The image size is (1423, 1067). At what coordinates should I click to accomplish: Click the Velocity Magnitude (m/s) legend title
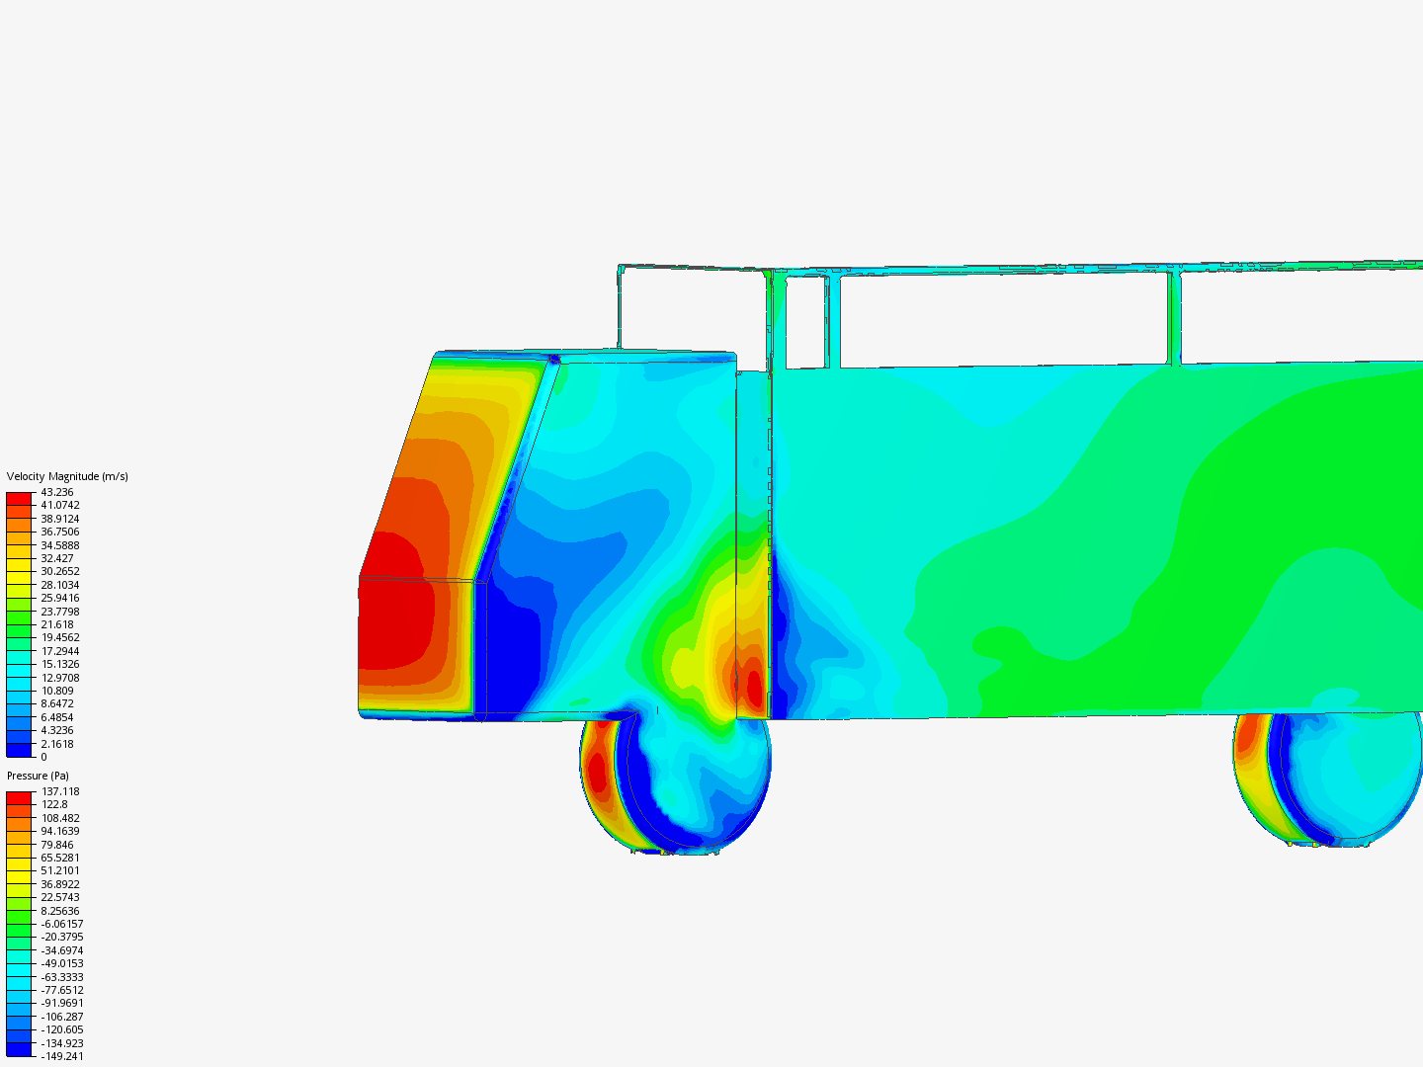tap(67, 476)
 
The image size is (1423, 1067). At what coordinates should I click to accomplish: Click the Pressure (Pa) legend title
tap(38, 776)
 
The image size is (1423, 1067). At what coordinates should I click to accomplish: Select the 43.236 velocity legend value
tap(56, 492)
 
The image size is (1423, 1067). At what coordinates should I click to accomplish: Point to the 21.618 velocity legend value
tap(56, 624)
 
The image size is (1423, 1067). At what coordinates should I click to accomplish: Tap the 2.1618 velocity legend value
tap(56, 744)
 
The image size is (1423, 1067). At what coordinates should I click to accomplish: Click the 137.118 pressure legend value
tap(59, 791)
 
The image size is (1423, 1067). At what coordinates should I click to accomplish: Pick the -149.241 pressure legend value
tap(61, 1056)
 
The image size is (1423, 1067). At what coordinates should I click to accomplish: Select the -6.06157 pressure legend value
tap(61, 924)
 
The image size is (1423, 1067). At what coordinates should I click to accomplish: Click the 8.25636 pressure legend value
tap(59, 911)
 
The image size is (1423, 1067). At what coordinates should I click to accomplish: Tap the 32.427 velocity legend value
tap(56, 558)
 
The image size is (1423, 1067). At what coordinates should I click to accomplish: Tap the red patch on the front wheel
tap(597, 771)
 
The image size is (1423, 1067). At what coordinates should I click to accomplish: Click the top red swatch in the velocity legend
tap(19, 498)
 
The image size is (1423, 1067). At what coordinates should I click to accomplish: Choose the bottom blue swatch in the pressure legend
tap(19, 1049)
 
